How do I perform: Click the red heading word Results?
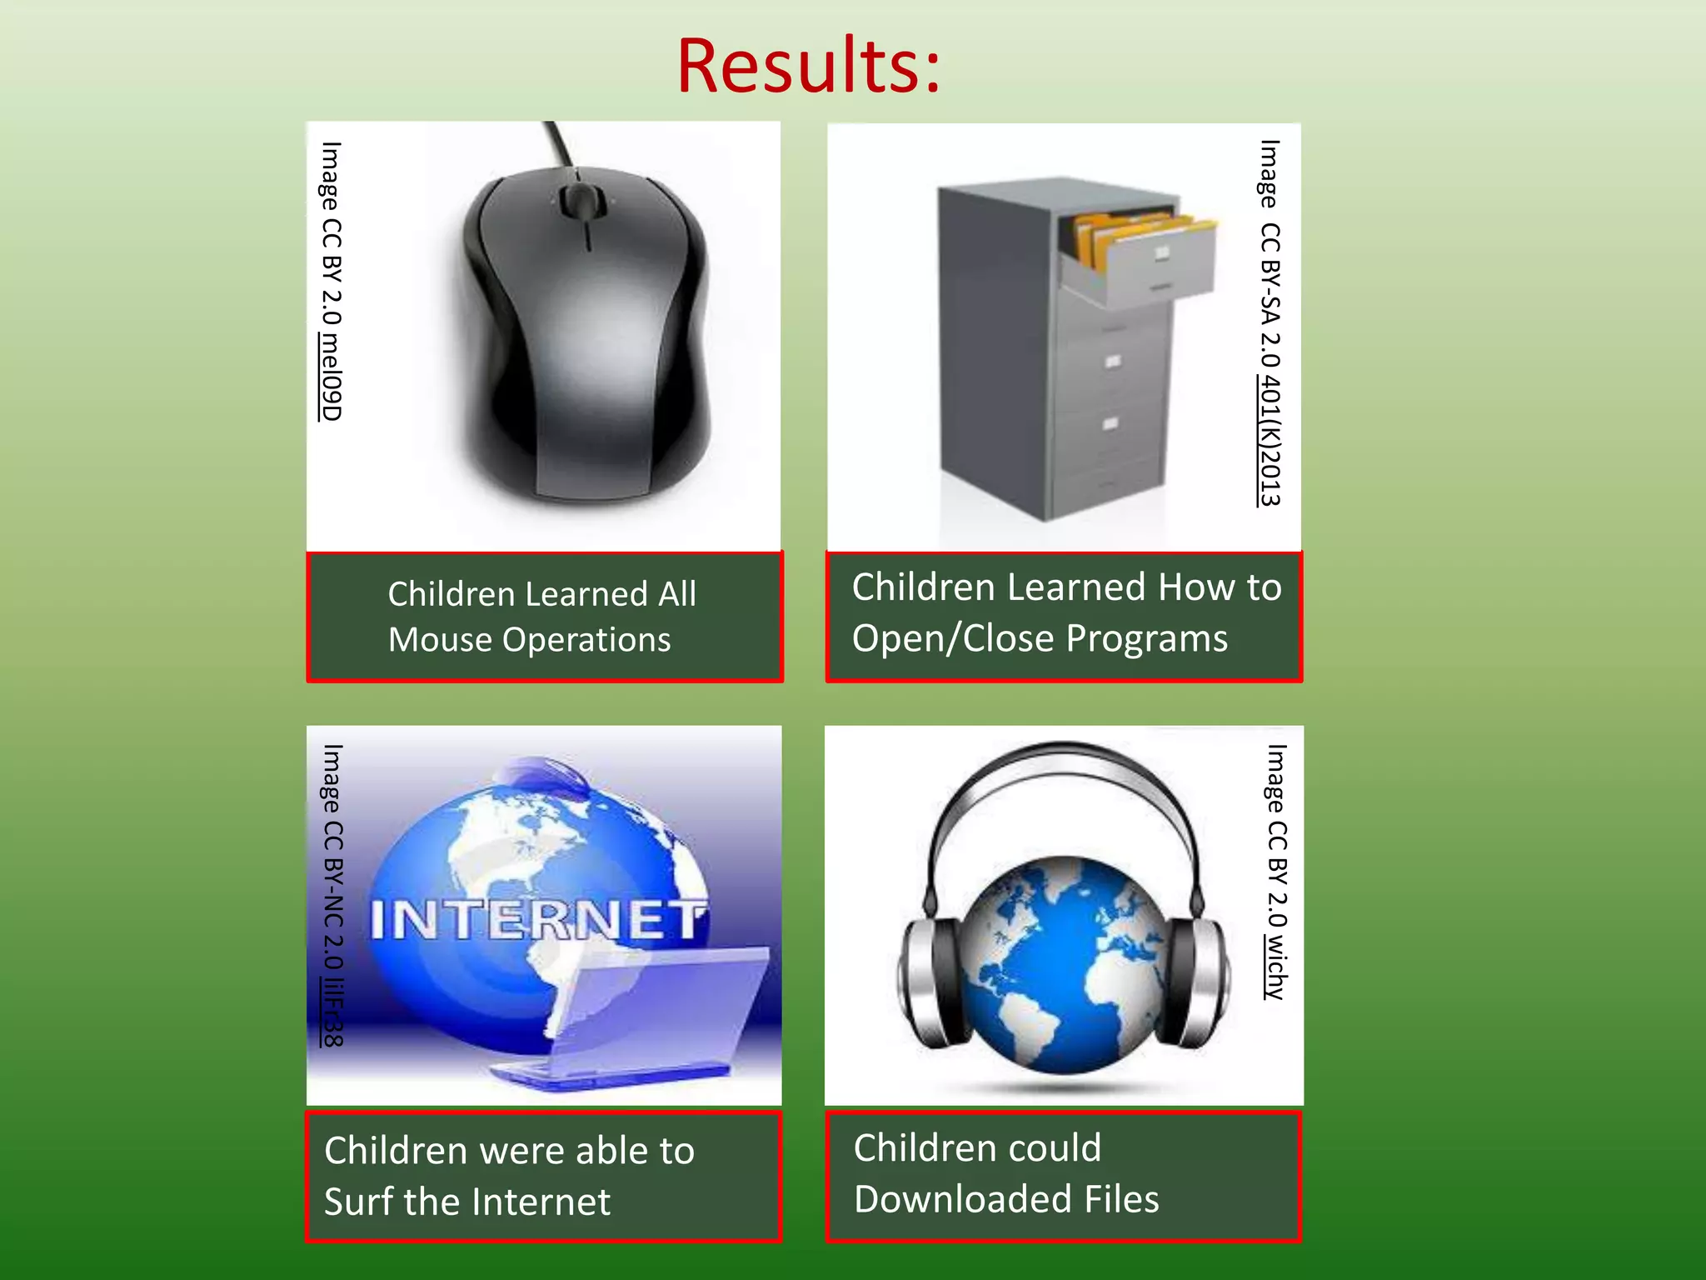click(x=808, y=67)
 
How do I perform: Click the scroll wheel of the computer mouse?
click(x=577, y=200)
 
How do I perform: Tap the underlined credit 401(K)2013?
click(x=1270, y=441)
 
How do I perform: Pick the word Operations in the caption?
click(x=586, y=640)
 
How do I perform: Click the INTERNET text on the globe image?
click(x=537, y=920)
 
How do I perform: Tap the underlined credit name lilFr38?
click(x=332, y=1012)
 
